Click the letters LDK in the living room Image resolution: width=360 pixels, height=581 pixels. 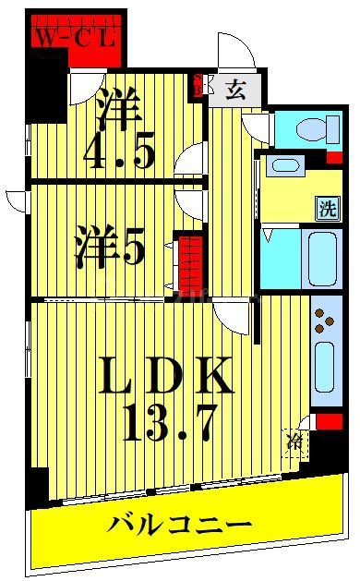pos(164,376)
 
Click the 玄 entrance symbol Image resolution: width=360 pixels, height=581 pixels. pos(234,91)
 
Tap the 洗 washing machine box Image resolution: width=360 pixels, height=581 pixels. pos(328,208)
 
